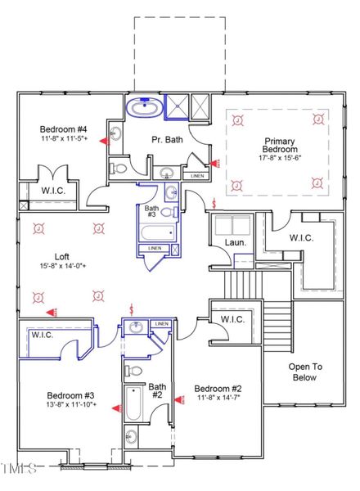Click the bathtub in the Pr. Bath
(x=145, y=108)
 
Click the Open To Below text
(x=312, y=372)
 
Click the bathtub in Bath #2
(x=132, y=405)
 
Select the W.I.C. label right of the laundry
(x=308, y=237)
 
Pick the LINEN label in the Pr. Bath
(x=196, y=175)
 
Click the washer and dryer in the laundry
(x=231, y=223)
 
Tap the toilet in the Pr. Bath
(x=119, y=168)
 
